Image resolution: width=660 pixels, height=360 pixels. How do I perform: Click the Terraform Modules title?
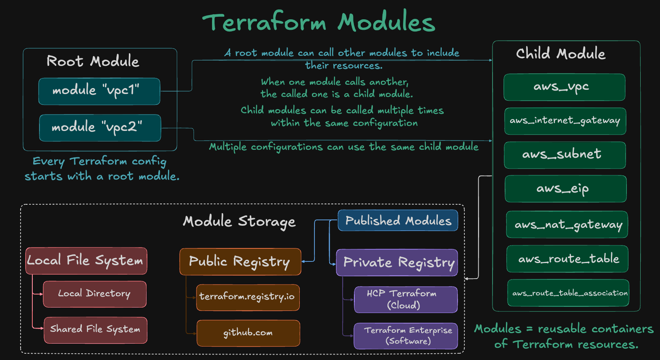pyautogui.click(x=319, y=23)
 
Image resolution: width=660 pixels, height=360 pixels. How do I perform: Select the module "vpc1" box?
pyautogui.click(x=99, y=91)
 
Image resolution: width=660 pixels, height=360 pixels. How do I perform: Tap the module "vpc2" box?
pyautogui.click(x=100, y=128)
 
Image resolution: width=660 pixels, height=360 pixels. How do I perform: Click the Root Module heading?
pyautogui.click(x=93, y=61)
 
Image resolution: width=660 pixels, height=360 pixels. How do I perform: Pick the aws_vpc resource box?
pyautogui.click(x=564, y=87)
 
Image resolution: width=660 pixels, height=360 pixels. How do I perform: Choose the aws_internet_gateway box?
pyautogui.click(x=565, y=121)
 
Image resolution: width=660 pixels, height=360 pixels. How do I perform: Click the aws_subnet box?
pyautogui.click(x=565, y=155)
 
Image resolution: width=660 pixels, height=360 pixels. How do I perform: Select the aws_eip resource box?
pyautogui.click(x=566, y=189)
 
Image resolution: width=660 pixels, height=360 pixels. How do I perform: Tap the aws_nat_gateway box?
pyautogui.click(x=567, y=225)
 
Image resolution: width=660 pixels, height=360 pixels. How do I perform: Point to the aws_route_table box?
pyautogui.click(x=567, y=259)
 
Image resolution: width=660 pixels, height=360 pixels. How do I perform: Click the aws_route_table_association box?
pyautogui.click(x=568, y=293)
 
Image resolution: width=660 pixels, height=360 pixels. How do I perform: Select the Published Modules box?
pyautogui.click(x=398, y=221)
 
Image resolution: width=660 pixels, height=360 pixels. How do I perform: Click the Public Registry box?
pyautogui.click(x=240, y=262)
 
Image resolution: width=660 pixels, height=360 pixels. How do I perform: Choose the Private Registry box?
pyautogui.click(x=397, y=263)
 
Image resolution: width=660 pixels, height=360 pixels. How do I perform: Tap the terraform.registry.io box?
pyautogui.click(x=248, y=297)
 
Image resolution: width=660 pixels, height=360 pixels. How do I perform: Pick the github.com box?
pyautogui.click(x=248, y=333)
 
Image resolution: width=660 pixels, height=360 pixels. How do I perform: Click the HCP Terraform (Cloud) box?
pyautogui.click(x=405, y=300)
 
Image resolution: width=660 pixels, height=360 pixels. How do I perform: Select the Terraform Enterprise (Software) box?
pyautogui.click(x=405, y=336)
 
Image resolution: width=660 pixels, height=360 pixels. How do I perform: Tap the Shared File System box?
pyautogui.click(x=95, y=330)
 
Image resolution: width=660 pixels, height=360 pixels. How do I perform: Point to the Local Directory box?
pyautogui.click(x=94, y=294)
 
